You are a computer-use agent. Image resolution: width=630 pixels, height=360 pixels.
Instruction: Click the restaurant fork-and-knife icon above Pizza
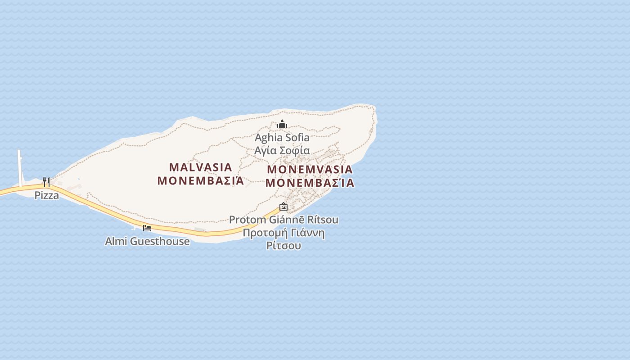(46, 182)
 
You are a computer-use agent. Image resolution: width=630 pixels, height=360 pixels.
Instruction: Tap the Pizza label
(47, 195)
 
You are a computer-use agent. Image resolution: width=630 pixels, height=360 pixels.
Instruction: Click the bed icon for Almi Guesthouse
(147, 228)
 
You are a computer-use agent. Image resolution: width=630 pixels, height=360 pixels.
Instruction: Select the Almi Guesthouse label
(147, 241)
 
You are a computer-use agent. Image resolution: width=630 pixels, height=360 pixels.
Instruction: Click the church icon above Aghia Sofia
(282, 124)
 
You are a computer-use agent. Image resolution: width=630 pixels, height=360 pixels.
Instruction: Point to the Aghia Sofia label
(282, 138)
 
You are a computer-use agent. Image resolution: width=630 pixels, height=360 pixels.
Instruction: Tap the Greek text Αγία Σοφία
(282, 150)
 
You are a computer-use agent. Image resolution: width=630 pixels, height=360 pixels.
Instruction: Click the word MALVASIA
(201, 167)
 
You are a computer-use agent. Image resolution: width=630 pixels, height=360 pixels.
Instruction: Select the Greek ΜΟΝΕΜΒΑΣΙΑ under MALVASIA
(201, 181)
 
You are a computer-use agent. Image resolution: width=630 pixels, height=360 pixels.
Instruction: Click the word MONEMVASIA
(310, 170)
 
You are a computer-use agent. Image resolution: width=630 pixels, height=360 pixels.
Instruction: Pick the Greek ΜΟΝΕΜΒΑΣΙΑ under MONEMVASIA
(310, 183)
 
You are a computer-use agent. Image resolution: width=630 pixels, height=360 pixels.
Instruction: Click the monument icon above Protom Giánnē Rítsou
(283, 207)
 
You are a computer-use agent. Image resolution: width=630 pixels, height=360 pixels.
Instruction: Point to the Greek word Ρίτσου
(283, 246)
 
